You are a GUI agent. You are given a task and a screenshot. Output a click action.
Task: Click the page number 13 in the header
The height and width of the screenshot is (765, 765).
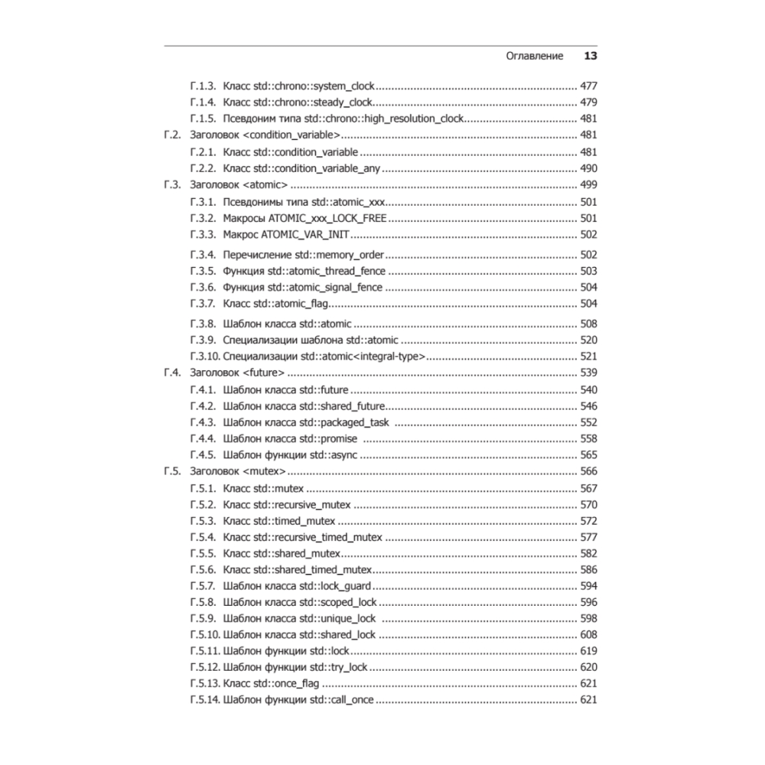coord(590,56)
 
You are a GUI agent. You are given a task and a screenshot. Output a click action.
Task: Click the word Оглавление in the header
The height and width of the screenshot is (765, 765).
coord(535,56)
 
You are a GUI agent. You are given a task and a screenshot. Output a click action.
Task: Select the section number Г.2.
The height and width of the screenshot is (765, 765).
coord(172,135)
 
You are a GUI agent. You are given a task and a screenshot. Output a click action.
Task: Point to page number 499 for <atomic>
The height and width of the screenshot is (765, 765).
coord(588,185)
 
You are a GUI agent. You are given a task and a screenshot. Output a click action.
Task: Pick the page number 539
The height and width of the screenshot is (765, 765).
coord(588,373)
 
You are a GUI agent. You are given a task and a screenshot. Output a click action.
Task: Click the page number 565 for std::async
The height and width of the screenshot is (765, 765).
coord(588,455)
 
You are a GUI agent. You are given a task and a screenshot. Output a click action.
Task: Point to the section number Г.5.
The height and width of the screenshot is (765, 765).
coord(172,471)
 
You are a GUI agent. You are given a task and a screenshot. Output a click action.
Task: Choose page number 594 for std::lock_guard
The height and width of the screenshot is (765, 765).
coord(588,587)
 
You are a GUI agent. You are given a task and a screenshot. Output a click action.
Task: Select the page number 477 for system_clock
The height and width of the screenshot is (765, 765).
coord(588,86)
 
